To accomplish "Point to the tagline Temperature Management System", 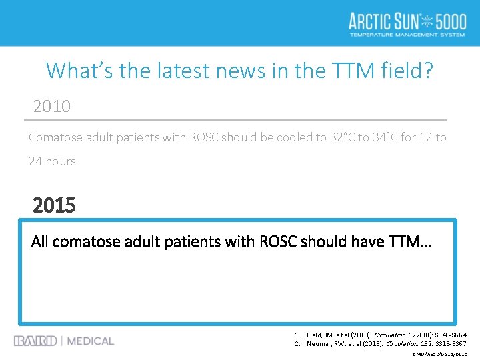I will pos(407,35).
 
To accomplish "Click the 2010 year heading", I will pos(52,107).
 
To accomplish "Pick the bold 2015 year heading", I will pos(54,205).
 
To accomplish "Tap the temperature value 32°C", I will pos(347,137).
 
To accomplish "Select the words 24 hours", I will pos(52,161).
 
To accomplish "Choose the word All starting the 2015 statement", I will pos(40,241).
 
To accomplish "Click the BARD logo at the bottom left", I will pos(35,341).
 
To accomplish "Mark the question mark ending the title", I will pos(427,70).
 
